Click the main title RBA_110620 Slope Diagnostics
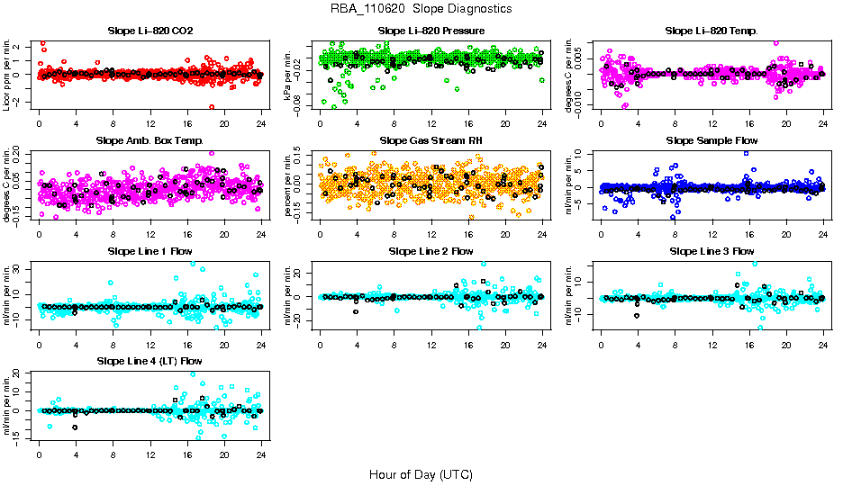coord(421,8)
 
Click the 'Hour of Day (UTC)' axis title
coord(421,473)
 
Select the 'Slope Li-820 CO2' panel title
coord(150,31)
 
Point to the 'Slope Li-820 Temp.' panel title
coord(712,31)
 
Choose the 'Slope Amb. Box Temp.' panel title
coord(150,140)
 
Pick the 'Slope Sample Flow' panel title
coord(712,140)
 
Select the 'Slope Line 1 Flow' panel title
coord(150,251)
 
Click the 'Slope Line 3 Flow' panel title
coord(712,251)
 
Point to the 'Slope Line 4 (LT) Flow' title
coord(150,362)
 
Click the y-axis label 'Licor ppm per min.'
coord(8,75)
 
